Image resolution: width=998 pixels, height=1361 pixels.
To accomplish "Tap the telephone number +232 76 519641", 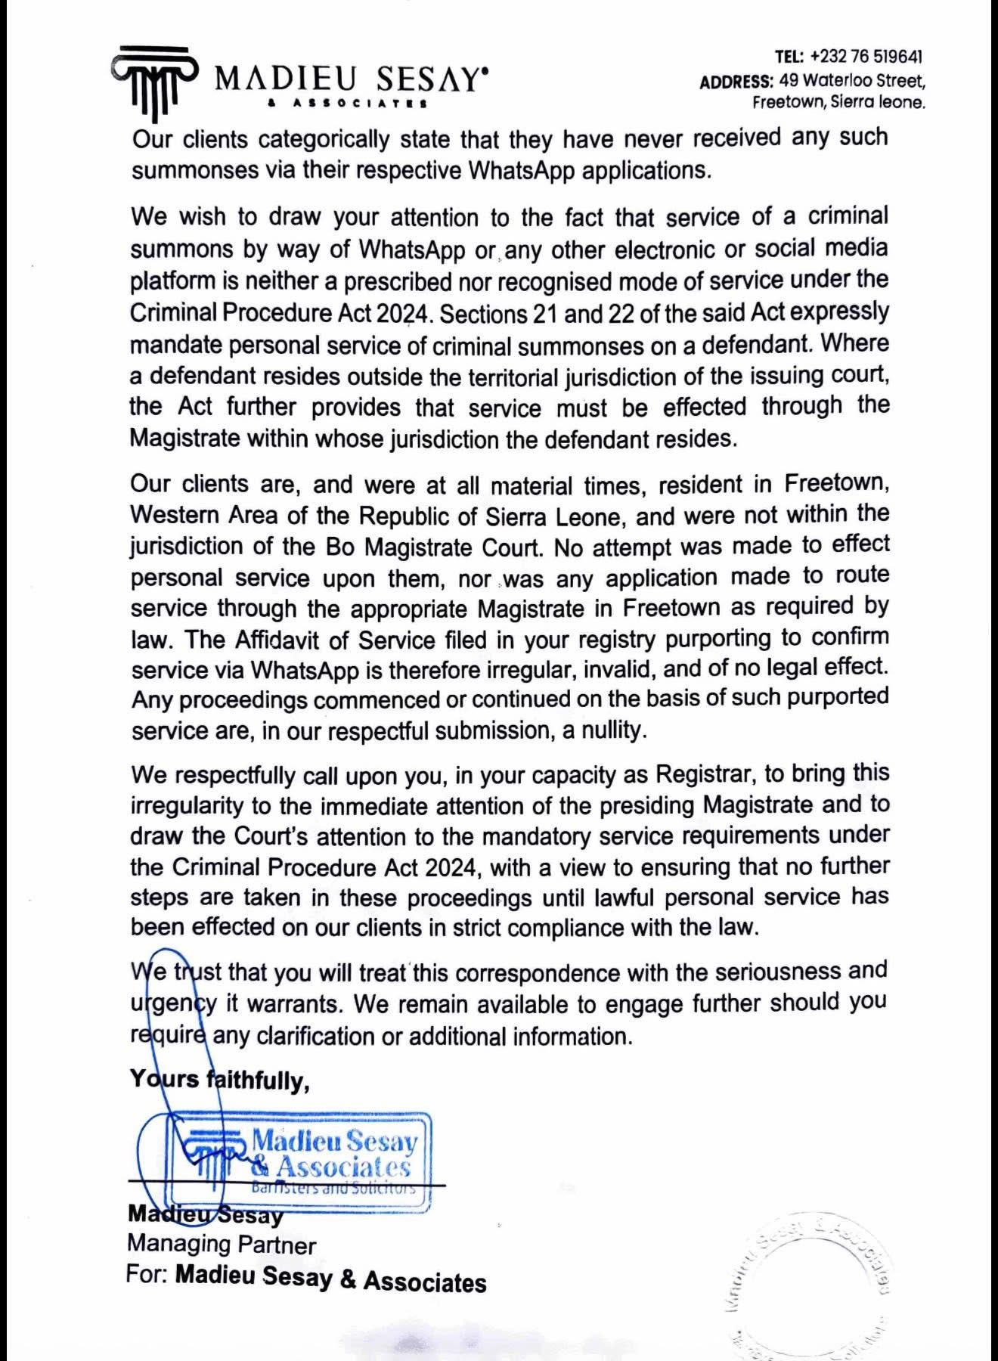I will [x=866, y=57].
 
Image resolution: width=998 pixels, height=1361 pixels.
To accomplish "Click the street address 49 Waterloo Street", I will [x=852, y=80].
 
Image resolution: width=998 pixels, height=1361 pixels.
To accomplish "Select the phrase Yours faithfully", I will [x=219, y=1080].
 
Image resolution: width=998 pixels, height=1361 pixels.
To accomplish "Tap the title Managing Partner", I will [x=222, y=1245].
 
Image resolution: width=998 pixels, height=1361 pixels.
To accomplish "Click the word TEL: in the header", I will [x=789, y=57].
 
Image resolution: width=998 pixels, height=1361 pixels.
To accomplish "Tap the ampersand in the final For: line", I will [x=348, y=1279].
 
